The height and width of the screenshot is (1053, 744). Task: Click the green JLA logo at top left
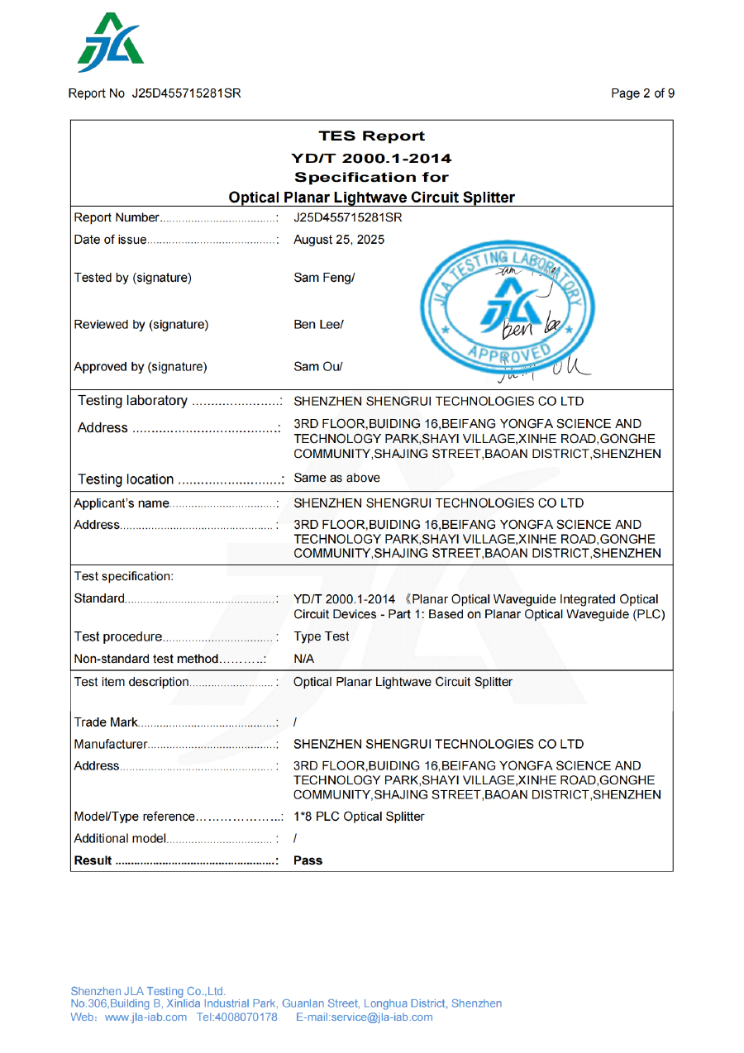click(x=111, y=43)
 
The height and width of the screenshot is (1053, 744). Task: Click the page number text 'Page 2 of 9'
click(x=642, y=93)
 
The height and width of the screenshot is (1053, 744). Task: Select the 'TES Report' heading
click(x=371, y=136)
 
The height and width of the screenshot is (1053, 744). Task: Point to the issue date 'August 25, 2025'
click(x=339, y=241)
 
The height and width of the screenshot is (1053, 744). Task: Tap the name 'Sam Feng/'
click(x=324, y=278)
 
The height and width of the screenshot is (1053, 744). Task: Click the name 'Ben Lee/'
click(x=318, y=325)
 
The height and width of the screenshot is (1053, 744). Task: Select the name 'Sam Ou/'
click(x=318, y=366)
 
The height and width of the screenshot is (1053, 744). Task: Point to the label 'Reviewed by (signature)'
click(x=141, y=325)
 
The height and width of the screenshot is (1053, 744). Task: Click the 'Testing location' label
click(x=126, y=479)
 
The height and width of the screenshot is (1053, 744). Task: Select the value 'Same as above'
click(x=337, y=478)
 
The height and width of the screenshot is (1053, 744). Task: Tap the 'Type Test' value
click(x=322, y=636)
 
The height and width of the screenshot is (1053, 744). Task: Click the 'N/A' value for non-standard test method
click(x=304, y=659)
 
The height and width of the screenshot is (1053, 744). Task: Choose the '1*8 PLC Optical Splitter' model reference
click(x=359, y=817)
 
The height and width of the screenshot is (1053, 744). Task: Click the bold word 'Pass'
click(x=308, y=860)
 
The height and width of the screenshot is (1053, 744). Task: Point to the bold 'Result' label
click(x=93, y=860)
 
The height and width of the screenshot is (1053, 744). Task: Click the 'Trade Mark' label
click(x=107, y=722)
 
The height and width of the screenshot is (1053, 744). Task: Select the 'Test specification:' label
click(x=124, y=575)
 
